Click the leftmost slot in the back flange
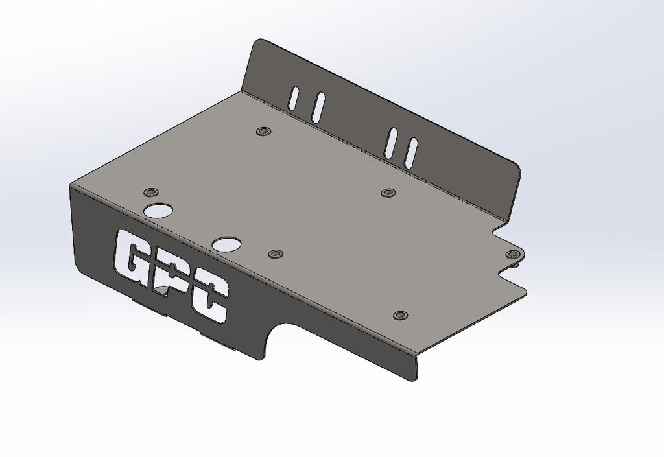point(294,98)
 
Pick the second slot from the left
point(318,108)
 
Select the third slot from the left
point(391,143)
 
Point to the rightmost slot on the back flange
point(411,152)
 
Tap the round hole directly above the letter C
point(226,244)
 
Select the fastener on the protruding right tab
point(513,253)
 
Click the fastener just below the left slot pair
point(263,132)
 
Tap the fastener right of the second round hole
point(276,253)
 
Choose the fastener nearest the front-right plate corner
point(401,316)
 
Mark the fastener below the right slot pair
point(388,193)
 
